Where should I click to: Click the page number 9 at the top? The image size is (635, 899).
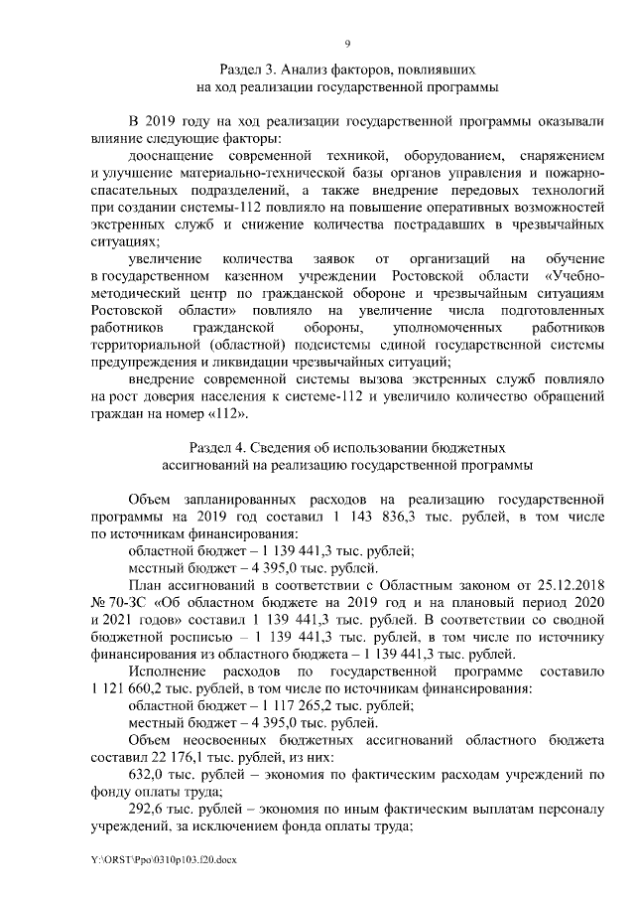click(x=347, y=43)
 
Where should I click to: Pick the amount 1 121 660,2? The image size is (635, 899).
click(x=129, y=688)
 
